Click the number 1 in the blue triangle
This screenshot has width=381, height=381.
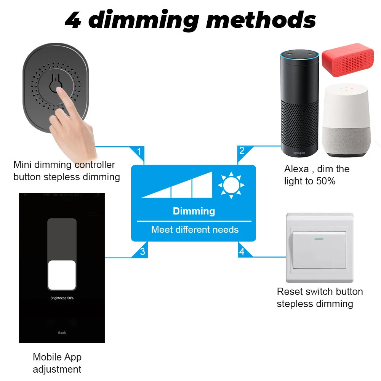click(x=139, y=152)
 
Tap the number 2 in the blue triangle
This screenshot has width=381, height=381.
click(x=242, y=151)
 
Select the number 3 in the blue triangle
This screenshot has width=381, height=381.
click(x=142, y=251)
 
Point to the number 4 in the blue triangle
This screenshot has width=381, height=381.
click(x=242, y=252)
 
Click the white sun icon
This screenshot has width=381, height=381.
click(x=231, y=185)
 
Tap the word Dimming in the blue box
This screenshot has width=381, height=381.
click(x=194, y=211)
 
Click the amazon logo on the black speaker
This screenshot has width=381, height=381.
click(x=299, y=153)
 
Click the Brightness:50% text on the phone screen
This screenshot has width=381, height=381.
click(x=62, y=298)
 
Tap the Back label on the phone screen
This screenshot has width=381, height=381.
click(x=62, y=333)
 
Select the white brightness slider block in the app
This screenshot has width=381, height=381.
click(x=62, y=275)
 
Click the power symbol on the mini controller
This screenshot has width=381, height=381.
click(x=56, y=84)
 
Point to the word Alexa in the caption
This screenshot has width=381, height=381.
click(x=296, y=169)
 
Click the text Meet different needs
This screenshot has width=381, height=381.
click(x=195, y=230)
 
